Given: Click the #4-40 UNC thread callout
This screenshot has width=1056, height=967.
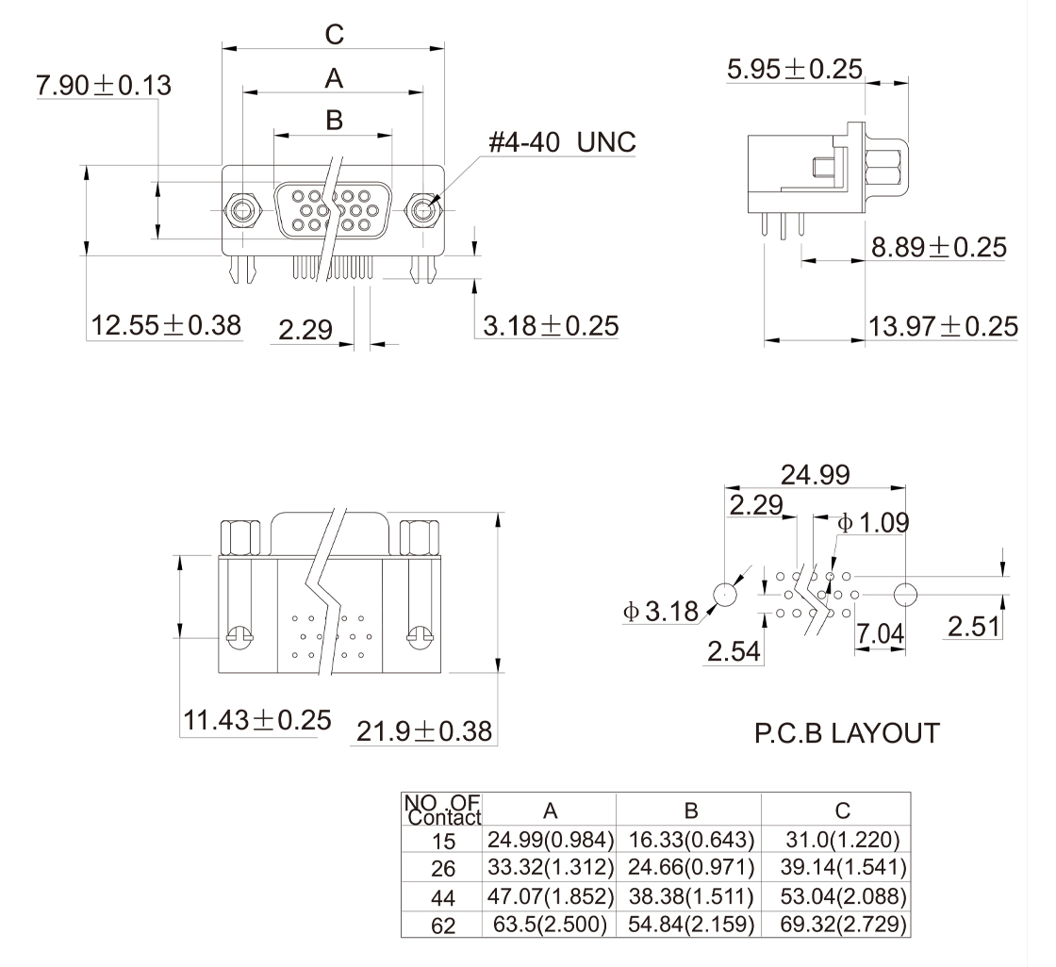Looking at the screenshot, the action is click(562, 142).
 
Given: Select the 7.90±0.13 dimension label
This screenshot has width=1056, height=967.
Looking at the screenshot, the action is click(104, 86).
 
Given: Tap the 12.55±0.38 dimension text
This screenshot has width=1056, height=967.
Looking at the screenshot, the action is click(166, 325).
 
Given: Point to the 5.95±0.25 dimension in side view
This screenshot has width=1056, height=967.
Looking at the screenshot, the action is click(795, 69).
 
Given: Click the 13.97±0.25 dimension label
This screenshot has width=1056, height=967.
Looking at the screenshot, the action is click(943, 327).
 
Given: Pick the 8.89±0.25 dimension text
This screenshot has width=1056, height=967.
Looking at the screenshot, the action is click(939, 247).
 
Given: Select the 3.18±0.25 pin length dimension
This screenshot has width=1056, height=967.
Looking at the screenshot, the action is click(551, 326).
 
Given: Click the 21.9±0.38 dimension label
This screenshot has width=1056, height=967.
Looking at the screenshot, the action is click(424, 731).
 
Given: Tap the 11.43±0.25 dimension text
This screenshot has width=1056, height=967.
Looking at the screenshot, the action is click(258, 720).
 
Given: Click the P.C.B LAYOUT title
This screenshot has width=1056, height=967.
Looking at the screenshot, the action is click(847, 733).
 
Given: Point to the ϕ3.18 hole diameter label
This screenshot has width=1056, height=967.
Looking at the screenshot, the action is click(661, 612).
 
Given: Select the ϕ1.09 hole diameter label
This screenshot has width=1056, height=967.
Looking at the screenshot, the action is click(873, 522).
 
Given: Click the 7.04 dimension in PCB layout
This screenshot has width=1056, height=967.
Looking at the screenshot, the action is click(881, 633).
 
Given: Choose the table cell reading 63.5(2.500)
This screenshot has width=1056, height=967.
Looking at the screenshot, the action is click(551, 924).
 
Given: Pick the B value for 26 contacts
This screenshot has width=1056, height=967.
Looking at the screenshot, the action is click(691, 867).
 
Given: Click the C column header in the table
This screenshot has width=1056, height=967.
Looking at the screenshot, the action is click(843, 811).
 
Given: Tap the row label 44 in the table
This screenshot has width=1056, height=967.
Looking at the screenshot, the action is click(443, 897).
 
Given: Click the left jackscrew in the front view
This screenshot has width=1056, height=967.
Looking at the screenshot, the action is click(241, 211).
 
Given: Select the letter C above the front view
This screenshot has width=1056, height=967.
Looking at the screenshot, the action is click(334, 34).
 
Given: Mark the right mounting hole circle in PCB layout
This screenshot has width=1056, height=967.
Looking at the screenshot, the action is click(905, 595).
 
